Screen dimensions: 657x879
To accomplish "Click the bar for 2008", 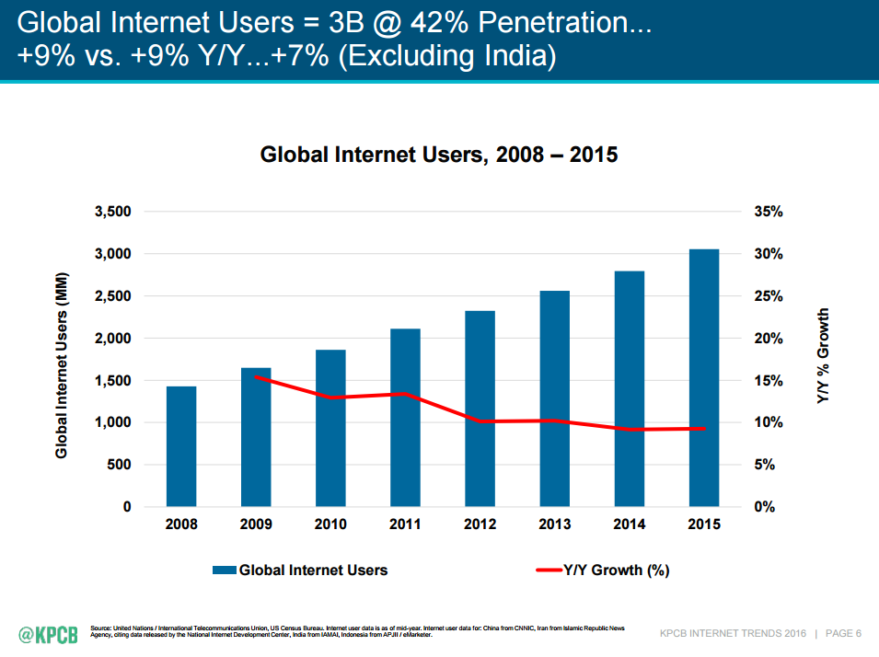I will click(x=181, y=446).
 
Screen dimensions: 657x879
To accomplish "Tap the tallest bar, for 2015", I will click(x=704, y=377).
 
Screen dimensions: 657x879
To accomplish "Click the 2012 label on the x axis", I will click(x=480, y=524).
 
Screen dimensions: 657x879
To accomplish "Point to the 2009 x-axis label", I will click(x=256, y=524).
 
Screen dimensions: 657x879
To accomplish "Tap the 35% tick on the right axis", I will click(x=768, y=212).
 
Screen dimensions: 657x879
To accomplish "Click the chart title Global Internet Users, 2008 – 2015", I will click(x=439, y=155).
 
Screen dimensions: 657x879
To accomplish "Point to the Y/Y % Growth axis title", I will click(x=823, y=358).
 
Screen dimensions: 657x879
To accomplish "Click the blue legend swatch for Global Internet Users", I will click(x=224, y=571).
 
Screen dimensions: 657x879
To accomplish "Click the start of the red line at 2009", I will click(x=256, y=375).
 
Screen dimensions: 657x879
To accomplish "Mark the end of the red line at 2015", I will click(x=704, y=428).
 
